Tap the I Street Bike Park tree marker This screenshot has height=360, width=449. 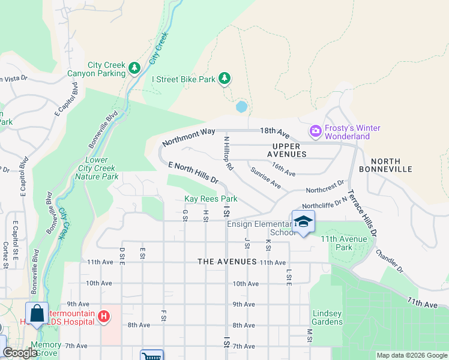pyautogui.click(x=224, y=79)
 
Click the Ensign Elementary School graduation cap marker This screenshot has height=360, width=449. pyautogui.click(x=304, y=223)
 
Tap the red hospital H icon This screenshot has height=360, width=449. pyautogui.click(x=104, y=315)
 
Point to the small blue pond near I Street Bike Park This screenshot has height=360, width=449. pyautogui.click(x=241, y=107)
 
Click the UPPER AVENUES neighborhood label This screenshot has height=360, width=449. pyautogui.click(x=289, y=150)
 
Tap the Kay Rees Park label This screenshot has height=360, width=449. pyautogui.click(x=211, y=199)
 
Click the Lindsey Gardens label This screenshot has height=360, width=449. pyautogui.click(x=327, y=317)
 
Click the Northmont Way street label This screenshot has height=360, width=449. pyautogui.click(x=188, y=139)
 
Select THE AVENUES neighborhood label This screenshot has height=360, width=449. pyautogui.click(x=228, y=262)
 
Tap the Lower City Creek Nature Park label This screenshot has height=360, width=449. pyautogui.click(x=101, y=169)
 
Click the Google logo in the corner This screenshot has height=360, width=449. pyautogui.click(x=20, y=353)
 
